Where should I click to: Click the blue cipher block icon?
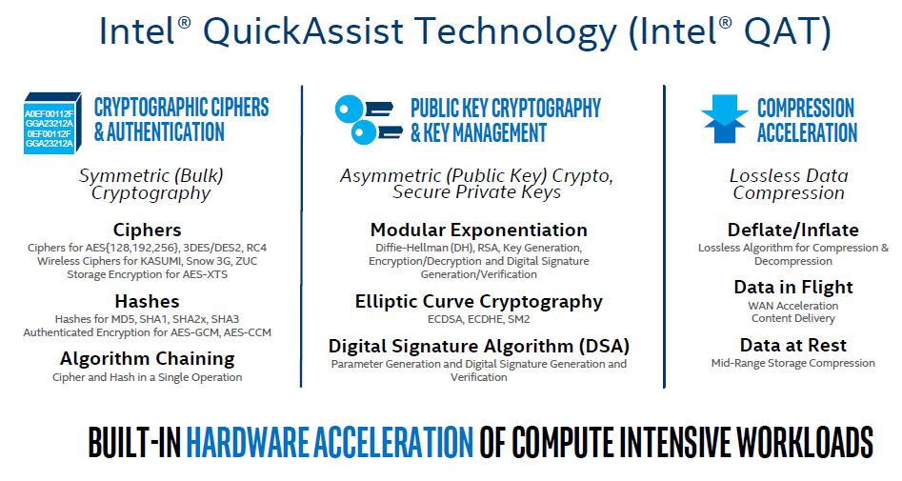tap(52, 123)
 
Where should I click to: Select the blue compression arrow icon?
tap(724, 118)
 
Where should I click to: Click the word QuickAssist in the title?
tap(304, 31)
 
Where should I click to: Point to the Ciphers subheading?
tap(148, 230)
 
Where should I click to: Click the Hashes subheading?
tap(148, 301)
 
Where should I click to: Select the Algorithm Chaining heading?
tap(148, 359)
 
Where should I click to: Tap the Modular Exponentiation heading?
tap(478, 230)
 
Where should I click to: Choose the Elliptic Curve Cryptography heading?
tap(478, 302)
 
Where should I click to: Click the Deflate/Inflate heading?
tap(793, 230)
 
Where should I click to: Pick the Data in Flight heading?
tap(793, 287)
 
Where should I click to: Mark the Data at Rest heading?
tap(793, 345)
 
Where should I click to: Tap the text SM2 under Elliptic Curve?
tap(519, 319)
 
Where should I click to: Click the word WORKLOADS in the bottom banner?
tap(805, 442)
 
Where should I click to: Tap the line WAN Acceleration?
tap(793, 306)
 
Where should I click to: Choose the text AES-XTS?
tap(206, 274)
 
